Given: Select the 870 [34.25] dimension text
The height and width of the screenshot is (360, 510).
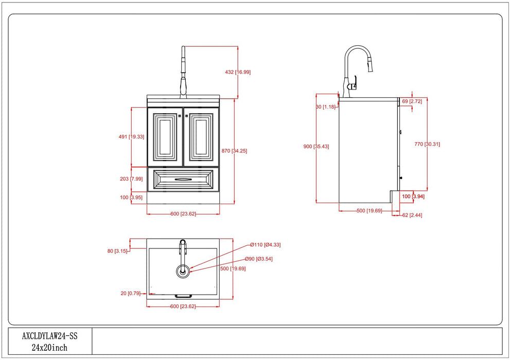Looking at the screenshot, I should [235, 151].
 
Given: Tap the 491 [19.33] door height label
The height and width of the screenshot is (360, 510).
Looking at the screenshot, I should [131, 137].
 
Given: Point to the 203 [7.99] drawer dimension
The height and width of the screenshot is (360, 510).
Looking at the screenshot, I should [131, 178].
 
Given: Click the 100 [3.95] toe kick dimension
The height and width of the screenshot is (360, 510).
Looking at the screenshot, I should [131, 197].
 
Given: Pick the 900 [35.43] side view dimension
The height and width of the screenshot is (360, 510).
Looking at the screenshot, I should [316, 147].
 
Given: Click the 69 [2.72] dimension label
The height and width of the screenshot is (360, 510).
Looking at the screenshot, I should [412, 101].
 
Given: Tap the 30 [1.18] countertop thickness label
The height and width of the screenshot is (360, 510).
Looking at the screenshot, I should [325, 106].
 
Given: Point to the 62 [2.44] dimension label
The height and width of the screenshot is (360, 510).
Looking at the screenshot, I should [412, 215].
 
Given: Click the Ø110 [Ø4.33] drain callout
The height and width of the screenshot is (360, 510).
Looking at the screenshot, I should [266, 245].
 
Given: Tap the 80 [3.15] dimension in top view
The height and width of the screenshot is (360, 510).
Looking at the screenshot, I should [117, 251].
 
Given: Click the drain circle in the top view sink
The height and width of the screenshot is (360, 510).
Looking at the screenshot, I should [183, 271].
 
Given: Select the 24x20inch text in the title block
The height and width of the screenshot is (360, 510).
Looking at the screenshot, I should [49, 347].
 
